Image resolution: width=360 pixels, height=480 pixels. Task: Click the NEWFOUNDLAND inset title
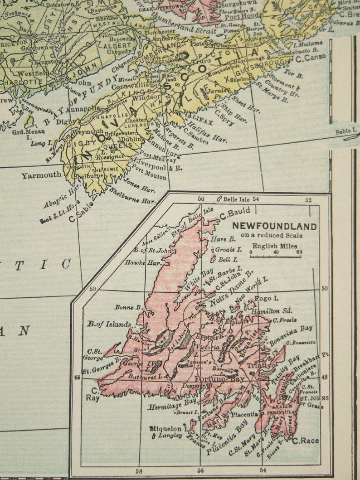point(275,227)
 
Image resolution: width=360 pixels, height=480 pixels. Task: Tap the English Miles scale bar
point(275,257)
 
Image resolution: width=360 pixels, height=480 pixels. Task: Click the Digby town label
point(66,121)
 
